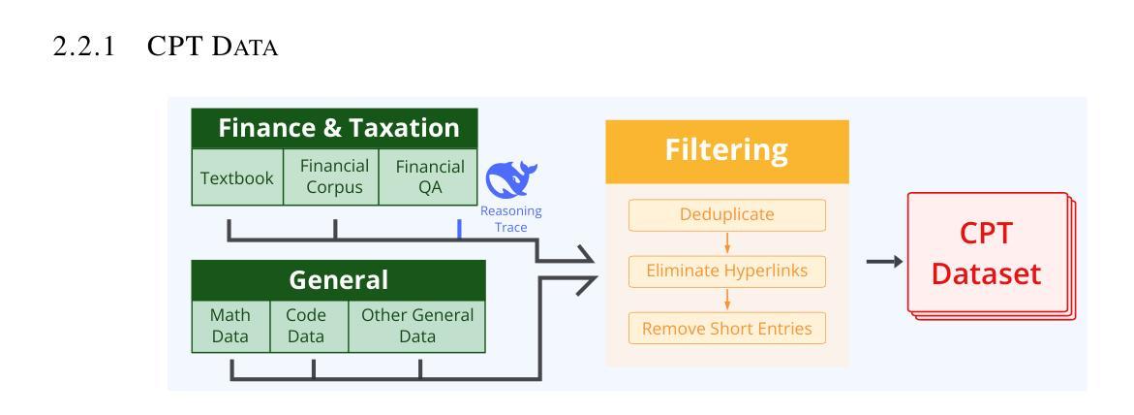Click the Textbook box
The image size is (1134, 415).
pyautogui.click(x=237, y=177)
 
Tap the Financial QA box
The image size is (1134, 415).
pyautogui.click(x=428, y=177)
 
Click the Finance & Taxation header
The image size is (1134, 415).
pyautogui.click(x=334, y=129)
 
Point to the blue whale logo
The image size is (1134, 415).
pyautogui.click(x=510, y=178)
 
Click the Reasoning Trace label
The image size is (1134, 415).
pyautogui.click(x=510, y=219)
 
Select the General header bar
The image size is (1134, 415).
pyautogui.click(x=339, y=280)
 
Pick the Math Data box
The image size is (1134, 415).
pyautogui.click(x=230, y=326)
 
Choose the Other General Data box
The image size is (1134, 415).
pyautogui.click(x=417, y=326)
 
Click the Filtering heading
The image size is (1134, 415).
pyautogui.click(x=727, y=150)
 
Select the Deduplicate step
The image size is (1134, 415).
pyautogui.click(x=727, y=215)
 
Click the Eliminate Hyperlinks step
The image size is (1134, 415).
pyautogui.click(x=727, y=271)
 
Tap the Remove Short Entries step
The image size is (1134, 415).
pyautogui.click(x=727, y=328)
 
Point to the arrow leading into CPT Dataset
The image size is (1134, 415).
pyautogui.click(x=884, y=262)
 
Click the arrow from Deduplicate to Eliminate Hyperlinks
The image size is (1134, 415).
pyautogui.click(x=727, y=242)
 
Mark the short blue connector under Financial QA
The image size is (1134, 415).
pyautogui.click(x=459, y=229)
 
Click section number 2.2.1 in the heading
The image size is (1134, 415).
pyautogui.click(x=84, y=48)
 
